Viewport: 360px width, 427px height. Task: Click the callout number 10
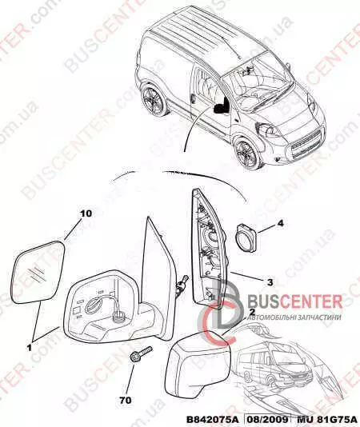pyautogui.click(x=86, y=213)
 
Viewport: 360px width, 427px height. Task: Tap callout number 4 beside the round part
pyautogui.click(x=281, y=224)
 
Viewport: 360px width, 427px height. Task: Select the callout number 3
pyautogui.click(x=270, y=282)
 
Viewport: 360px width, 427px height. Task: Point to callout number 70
pyautogui.click(x=126, y=400)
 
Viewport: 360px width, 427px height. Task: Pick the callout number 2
pyautogui.click(x=252, y=312)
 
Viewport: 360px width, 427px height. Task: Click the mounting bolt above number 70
pyautogui.click(x=140, y=353)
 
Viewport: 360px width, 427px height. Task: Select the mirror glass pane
pyautogui.click(x=38, y=272)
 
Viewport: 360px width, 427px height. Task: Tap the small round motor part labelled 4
pyautogui.click(x=246, y=237)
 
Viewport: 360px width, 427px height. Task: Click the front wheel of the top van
pyautogui.click(x=246, y=152)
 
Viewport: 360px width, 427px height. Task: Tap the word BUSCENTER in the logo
pyautogui.click(x=295, y=301)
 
